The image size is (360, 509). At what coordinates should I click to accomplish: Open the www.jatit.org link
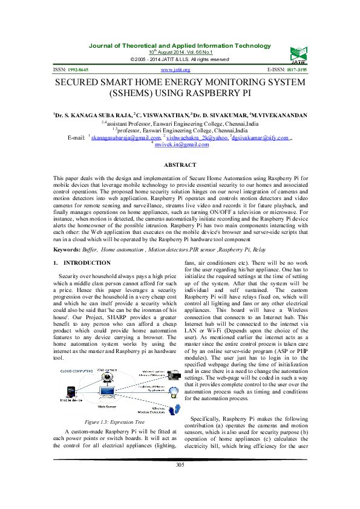[180, 70]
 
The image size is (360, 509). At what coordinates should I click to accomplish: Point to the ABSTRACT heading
[180, 165]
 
